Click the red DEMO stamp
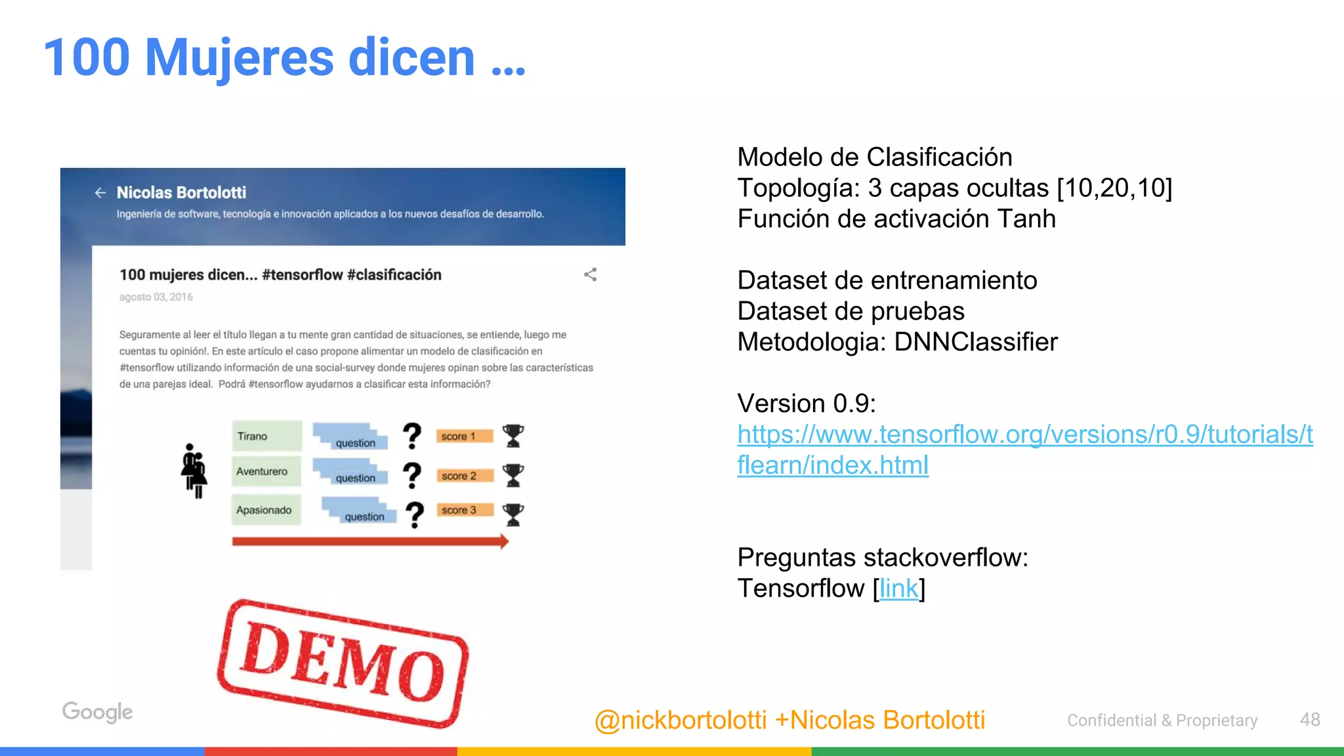click(343, 663)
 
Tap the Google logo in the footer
click(97, 712)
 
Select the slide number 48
click(1310, 720)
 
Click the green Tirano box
click(266, 436)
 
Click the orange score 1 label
click(464, 436)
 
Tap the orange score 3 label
click(464, 510)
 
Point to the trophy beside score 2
click(513, 475)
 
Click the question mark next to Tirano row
click(411, 436)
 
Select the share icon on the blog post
click(590, 274)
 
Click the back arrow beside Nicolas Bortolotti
click(100, 192)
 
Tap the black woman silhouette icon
click(194, 471)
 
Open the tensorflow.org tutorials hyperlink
click(1024, 434)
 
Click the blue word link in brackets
click(898, 589)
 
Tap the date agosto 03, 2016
click(156, 297)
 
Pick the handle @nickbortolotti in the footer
click(680, 721)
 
